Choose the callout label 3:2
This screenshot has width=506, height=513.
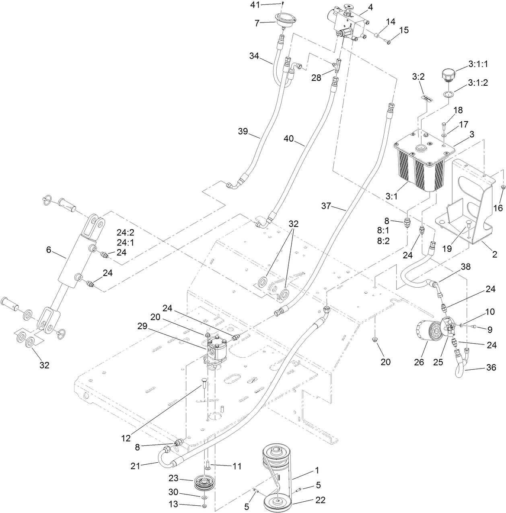tap(419, 76)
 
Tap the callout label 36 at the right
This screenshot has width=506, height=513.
tap(491, 367)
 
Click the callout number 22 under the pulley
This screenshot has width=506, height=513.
tap(320, 500)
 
